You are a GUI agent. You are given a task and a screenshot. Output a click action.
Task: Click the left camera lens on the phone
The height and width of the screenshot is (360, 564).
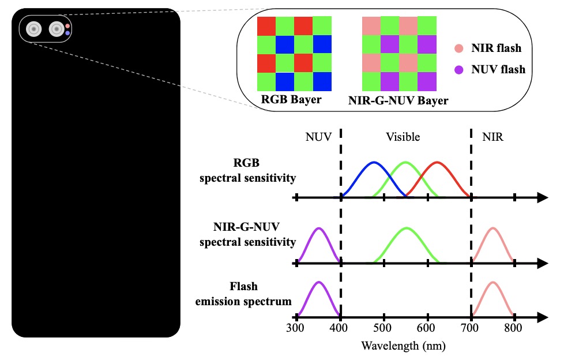[x=34, y=29]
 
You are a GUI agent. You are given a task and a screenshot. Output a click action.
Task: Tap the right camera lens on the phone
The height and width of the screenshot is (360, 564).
[x=56, y=29]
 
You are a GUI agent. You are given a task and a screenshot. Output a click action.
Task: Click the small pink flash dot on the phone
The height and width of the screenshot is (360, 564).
[x=68, y=26]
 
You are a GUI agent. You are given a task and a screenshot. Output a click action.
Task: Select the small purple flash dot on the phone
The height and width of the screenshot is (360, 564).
[x=68, y=33]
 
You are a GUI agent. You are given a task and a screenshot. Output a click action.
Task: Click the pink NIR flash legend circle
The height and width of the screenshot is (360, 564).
[x=458, y=48]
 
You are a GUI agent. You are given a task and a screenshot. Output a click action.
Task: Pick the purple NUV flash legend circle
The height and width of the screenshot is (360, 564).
[x=458, y=70]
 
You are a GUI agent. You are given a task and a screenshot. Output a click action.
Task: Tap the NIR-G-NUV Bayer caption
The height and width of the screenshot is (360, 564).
[x=398, y=100]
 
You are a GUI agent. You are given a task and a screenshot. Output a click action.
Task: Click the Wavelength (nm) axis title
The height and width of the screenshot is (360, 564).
[x=404, y=346]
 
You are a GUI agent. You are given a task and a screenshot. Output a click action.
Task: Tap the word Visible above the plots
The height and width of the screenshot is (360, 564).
[x=403, y=137]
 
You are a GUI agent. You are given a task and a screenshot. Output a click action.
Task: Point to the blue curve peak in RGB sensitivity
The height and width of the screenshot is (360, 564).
[x=374, y=162]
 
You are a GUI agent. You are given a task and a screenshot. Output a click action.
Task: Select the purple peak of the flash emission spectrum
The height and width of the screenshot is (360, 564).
[x=319, y=282]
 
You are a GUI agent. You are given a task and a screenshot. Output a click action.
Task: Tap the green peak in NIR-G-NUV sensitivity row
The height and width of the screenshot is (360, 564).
[x=407, y=228]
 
